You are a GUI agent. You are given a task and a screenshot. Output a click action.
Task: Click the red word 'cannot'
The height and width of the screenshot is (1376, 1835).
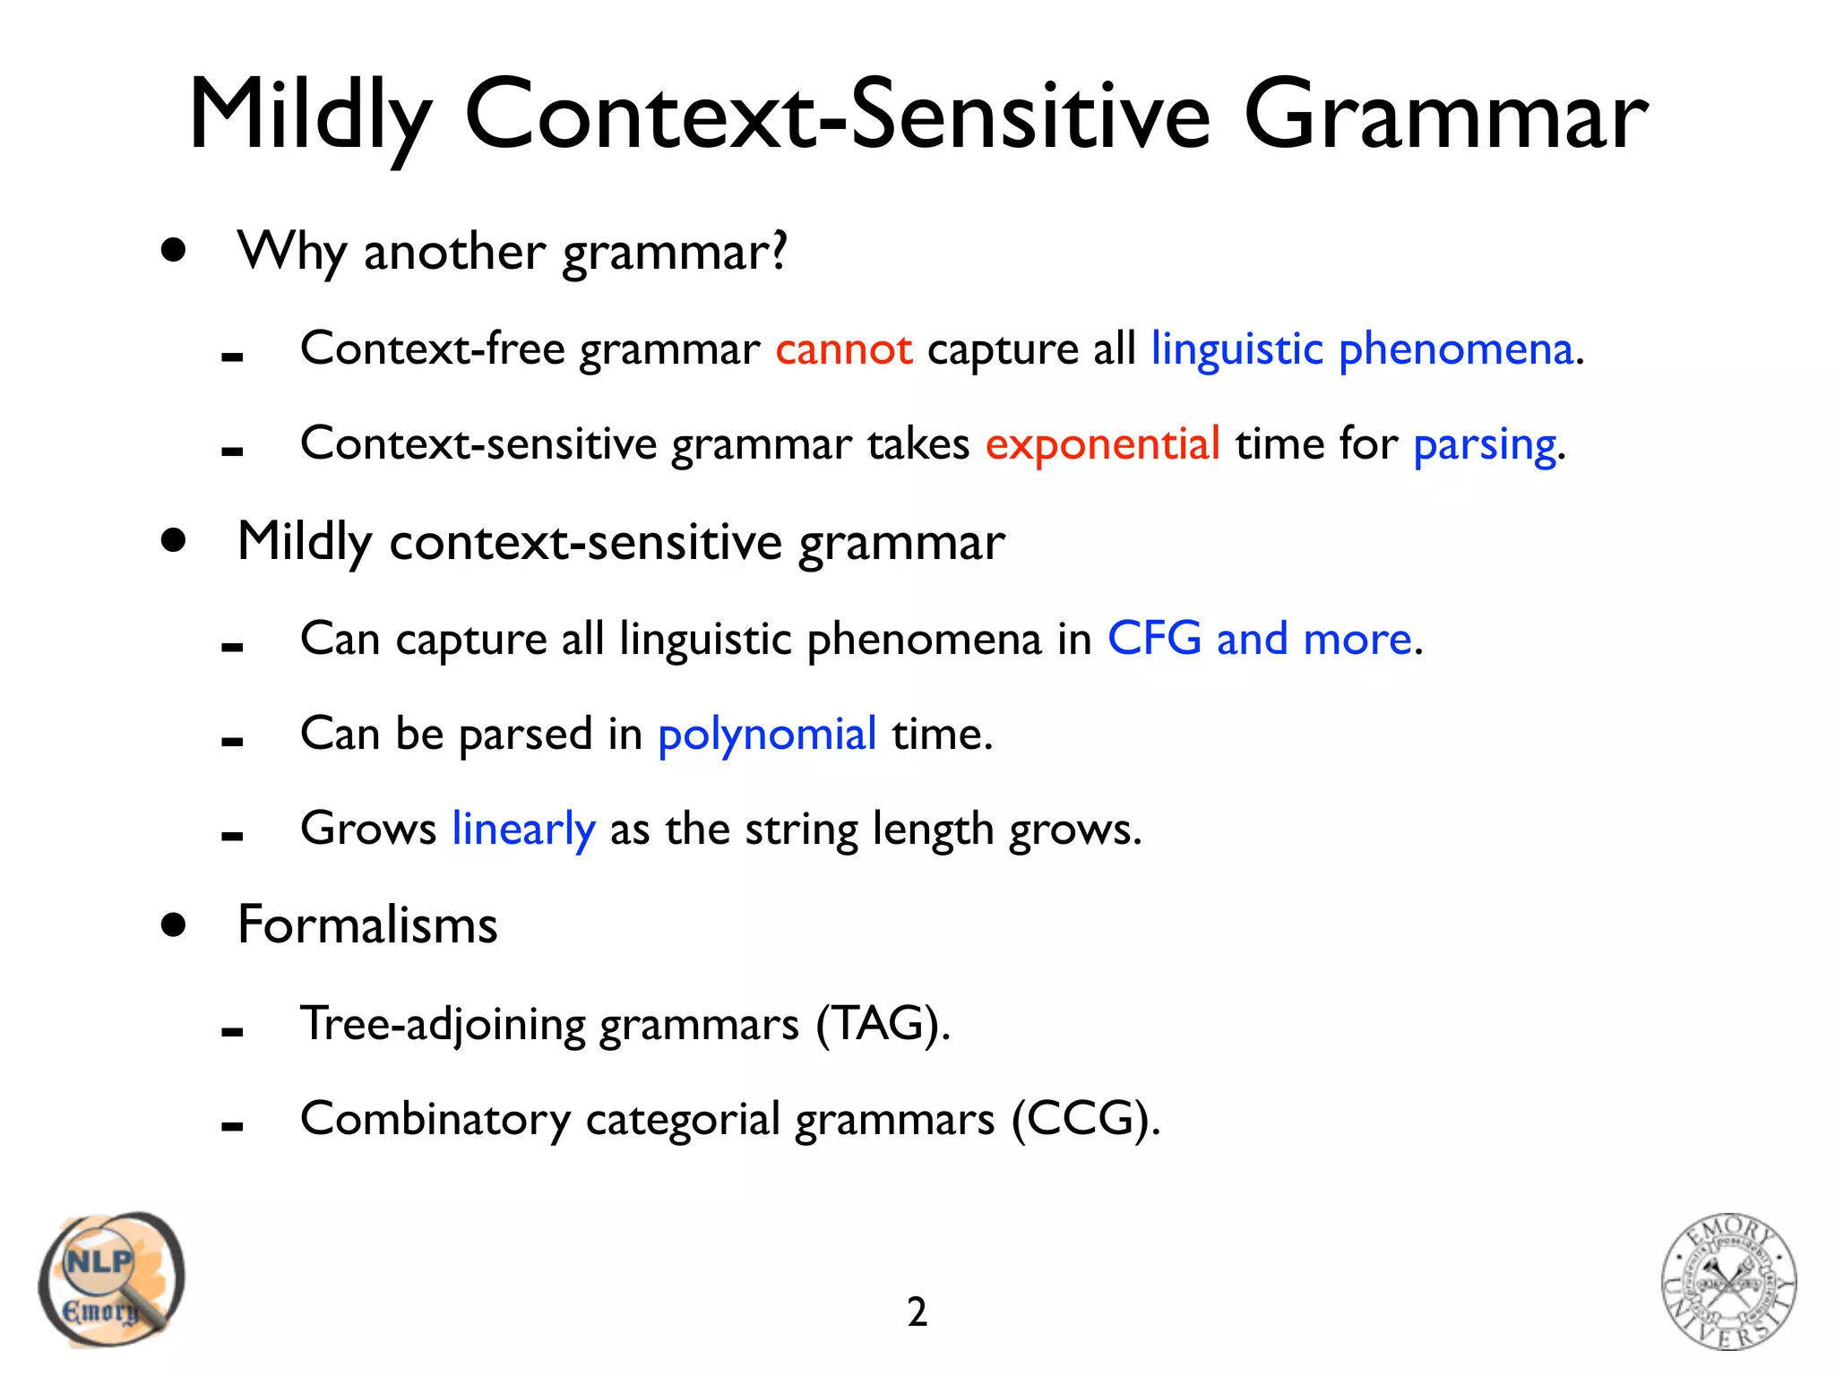[x=843, y=348]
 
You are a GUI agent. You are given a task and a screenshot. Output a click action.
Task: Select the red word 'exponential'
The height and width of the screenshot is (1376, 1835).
[x=1102, y=443]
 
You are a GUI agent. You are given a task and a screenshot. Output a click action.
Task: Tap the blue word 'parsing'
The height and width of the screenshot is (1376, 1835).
[x=1484, y=445]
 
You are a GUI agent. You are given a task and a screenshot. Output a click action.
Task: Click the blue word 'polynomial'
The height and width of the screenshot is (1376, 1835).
[x=767, y=735]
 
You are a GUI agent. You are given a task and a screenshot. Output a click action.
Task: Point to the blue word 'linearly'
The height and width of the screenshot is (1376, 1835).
[x=523, y=830]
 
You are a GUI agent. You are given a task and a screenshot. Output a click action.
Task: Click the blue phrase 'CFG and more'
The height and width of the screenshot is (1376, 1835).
[x=1259, y=639]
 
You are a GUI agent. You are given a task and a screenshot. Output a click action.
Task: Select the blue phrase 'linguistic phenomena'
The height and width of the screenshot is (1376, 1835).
[x=1361, y=348]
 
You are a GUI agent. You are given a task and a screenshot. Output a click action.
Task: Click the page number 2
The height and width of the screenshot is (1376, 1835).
[x=917, y=1312]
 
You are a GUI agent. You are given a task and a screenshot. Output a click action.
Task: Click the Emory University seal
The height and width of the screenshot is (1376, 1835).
[x=1728, y=1281]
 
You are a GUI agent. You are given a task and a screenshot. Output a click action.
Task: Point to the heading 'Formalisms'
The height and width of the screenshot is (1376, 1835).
[x=367, y=924]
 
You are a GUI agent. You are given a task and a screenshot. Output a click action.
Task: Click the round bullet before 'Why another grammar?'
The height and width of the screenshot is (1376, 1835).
[x=174, y=250]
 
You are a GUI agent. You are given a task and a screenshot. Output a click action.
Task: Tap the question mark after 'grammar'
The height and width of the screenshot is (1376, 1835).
[x=779, y=250]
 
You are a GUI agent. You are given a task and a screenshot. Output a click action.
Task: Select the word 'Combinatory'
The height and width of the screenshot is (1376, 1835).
[x=435, y=1119]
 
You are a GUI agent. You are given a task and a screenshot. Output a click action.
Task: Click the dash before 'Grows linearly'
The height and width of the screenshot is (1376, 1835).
[x=232, y=837]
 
